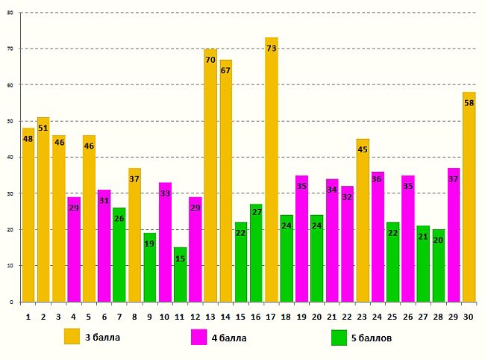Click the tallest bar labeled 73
[271, 172]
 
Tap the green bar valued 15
[180, 276]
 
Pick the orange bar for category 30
[469, 198]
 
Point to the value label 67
[225, 71]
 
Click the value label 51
[43, 128]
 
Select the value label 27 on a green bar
[256, 212]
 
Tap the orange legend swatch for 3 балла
[72, 336]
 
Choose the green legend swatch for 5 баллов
[339, 338]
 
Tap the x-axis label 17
[271, 316]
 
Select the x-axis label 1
[28, 316]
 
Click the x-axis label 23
[363, 316]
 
